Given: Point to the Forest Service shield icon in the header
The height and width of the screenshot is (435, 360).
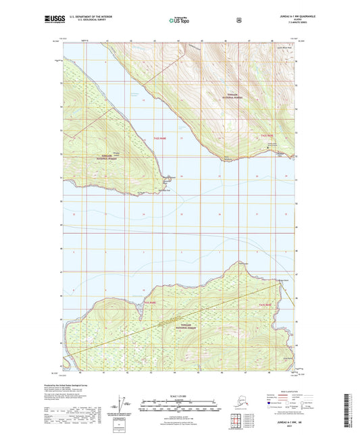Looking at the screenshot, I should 238,20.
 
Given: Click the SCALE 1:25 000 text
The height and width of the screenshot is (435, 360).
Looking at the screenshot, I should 180,395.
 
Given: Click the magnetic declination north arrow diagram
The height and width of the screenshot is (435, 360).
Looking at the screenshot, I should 124,405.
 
